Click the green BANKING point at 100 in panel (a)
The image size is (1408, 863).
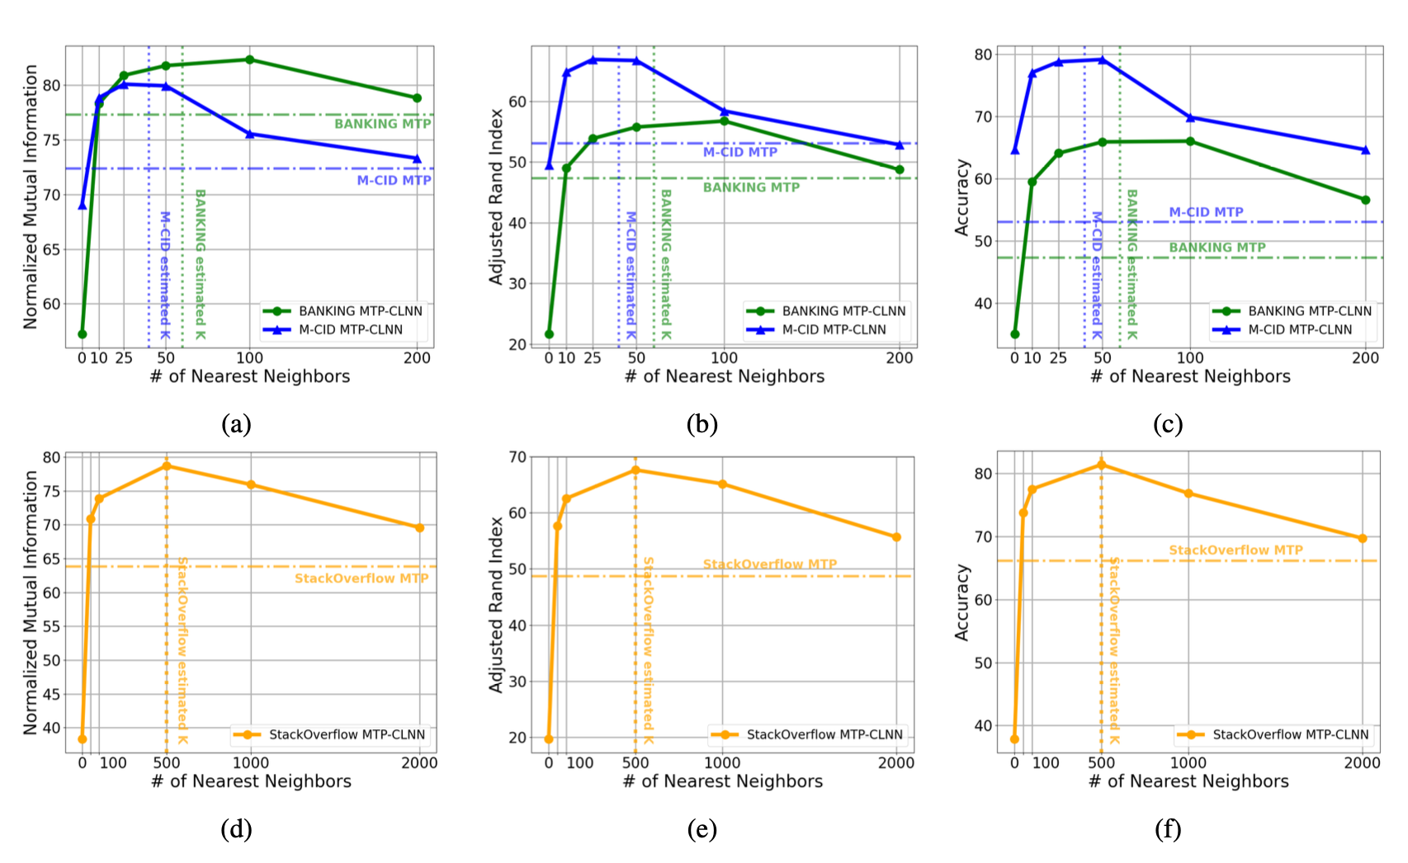tap(249, 59)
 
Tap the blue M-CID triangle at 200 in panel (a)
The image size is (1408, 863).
tap(417, 158)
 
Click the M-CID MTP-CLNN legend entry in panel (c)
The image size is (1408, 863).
tap(1299, 330)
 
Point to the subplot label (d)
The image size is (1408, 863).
tap(236, 828)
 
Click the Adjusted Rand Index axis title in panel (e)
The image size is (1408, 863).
tap(496, 605)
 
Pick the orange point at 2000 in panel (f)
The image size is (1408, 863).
tap(1362, 539)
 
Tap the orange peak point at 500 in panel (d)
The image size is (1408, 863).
tap(167, 466)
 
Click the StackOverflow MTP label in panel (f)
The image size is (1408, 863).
tap(1236, 550)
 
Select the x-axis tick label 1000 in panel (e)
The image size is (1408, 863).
tap(722, 763)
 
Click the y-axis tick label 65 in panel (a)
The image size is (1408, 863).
tap(51, 250)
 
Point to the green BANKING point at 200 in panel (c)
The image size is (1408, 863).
tap(1365, 200)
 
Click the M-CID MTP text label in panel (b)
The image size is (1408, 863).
tap(739, 153)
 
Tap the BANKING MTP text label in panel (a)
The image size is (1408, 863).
tap(382, 124)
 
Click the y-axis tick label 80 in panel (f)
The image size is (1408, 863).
tap(982, 474)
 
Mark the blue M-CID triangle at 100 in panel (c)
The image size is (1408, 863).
tap(1190, 118)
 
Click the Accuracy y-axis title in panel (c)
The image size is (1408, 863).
tap(962, 198)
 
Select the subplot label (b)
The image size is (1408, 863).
tap(702, 424)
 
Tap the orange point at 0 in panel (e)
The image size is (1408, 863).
tap(549, 739)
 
